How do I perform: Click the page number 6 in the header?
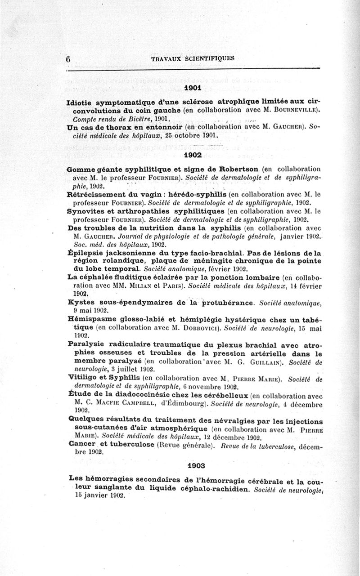[69, 58]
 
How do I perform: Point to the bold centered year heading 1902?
[193, 155]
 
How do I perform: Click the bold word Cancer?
[82, 443]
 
